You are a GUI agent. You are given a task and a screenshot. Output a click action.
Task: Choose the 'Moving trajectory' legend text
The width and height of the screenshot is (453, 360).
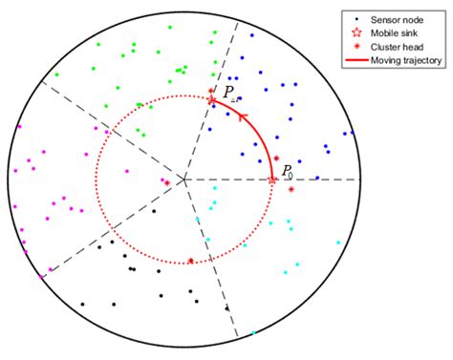(x=402, y=59)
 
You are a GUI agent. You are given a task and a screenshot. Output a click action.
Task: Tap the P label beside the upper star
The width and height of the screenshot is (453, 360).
(x=229, y=92)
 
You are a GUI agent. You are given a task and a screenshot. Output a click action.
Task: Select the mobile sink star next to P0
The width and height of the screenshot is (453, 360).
(x=273, y=180)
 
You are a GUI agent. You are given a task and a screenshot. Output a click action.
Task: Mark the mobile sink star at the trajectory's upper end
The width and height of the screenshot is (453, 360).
(x=212, y=99)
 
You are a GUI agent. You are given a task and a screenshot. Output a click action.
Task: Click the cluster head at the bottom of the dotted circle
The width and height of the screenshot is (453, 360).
(x=190, y=261)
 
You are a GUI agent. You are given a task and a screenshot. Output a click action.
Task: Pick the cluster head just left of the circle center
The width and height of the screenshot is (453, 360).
(x=166, y=182)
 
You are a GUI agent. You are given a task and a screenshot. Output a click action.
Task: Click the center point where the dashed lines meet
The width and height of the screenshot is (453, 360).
(x=183, y=180)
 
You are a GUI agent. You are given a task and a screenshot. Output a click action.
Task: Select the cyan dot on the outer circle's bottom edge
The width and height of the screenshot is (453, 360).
(x=254, y=333)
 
